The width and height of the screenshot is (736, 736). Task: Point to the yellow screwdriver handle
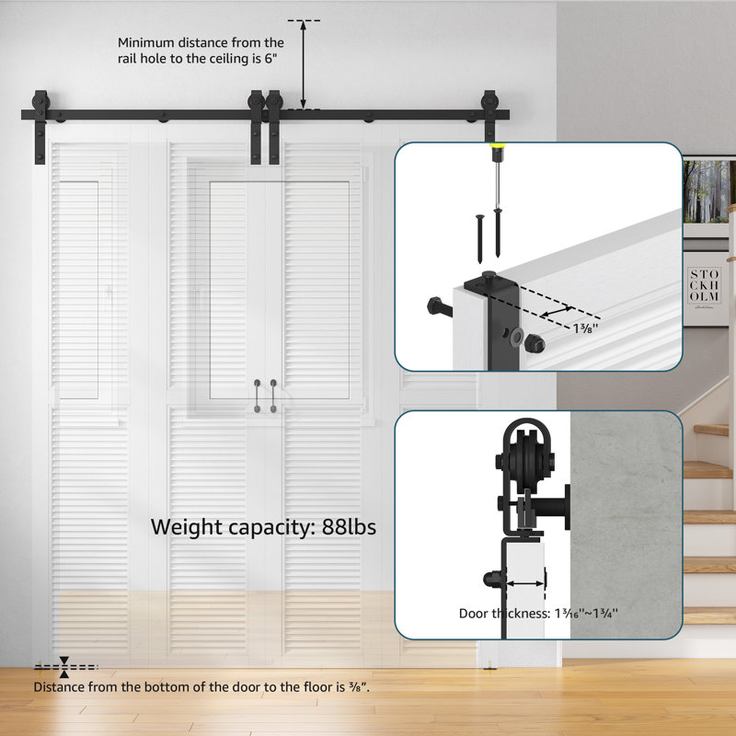pos(499,149)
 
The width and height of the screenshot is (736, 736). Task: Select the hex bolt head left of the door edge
pos(433,305)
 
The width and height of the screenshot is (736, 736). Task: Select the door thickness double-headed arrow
pos(524,582)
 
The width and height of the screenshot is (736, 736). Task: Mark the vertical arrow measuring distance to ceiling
pos(304,64)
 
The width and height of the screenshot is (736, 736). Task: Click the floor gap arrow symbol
pos(64,665)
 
